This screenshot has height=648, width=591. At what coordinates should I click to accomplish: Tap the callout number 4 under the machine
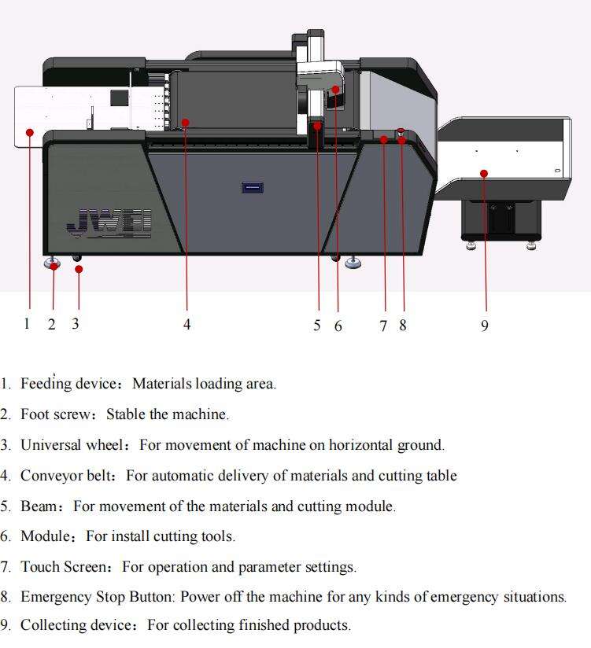pos(187,324)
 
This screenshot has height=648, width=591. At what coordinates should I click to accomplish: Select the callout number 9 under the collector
pos(485,325)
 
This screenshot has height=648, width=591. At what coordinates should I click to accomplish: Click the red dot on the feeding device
pos(29,132)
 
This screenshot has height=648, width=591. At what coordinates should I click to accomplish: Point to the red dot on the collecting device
pos(484,173)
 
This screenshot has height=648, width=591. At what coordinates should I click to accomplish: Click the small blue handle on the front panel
pos(252,187)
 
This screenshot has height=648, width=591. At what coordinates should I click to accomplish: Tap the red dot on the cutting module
pos(335,90)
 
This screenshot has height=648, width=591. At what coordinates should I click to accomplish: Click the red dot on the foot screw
pos(54,266)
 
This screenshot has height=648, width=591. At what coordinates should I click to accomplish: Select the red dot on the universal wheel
pos(79,269)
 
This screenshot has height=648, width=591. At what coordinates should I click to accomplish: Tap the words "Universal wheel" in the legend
pos(72,444)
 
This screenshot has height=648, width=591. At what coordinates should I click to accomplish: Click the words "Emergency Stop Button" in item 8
pos(97,596)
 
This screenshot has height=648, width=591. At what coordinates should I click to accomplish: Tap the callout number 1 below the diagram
pos(27,323)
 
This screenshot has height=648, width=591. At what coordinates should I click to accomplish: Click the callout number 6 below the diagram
pos(338,325)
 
